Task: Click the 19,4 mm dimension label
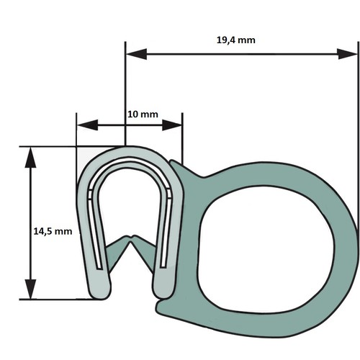(x=236, y=40)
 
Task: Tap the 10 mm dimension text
(x=143, y=114)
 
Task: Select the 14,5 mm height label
(x=53, y=232)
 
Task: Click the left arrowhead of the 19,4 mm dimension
(x=136, y=54)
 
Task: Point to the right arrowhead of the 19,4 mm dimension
(x=347, y=54)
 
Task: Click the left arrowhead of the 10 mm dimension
(x=87, y=125)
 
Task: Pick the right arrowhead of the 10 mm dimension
(x=172, y=125)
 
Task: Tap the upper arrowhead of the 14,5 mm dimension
(x=30, y=157)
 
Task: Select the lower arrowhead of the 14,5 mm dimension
(x=30, y=289)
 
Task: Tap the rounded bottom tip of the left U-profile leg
(x=100, y=295)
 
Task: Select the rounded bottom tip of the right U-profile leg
(x=163, y=294)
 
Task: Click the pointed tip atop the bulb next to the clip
(x=171, y=161)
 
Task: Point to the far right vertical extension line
(x=359, y=135)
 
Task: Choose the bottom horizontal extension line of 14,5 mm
(x=60, y=300)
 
